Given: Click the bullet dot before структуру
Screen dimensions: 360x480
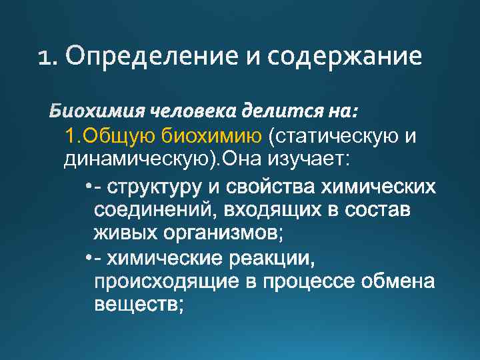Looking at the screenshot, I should tap(89, 185).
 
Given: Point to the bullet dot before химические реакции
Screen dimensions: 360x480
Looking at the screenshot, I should tap(89, 257).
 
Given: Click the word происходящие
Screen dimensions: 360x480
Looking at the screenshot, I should tap(168, 282).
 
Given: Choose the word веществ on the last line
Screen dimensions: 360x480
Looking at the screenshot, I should tap(134, 305).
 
